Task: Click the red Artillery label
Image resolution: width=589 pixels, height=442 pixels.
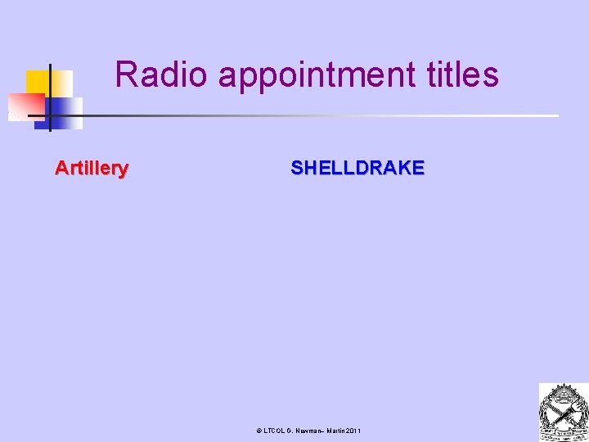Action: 92,169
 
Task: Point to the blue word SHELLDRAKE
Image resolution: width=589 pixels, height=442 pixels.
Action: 357,169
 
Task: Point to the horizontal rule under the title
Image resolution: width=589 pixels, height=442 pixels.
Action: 327,115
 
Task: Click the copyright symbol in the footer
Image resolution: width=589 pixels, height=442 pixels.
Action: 259,431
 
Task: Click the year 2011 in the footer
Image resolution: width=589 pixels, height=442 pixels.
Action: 353,431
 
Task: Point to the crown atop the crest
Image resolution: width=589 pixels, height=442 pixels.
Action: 563,390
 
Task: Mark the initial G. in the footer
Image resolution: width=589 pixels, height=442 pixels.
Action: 290,431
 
